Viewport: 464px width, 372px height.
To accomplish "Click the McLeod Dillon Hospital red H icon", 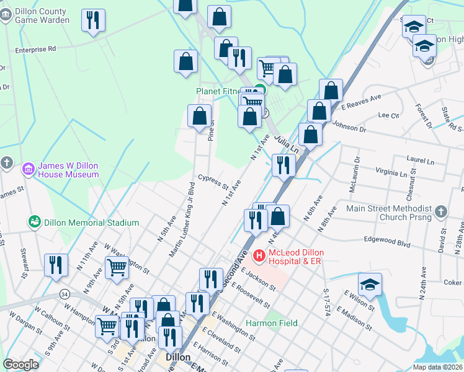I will point(259,255).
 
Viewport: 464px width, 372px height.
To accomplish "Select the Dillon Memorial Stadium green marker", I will point(35,221).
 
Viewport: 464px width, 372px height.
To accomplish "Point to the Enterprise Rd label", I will point(35,48).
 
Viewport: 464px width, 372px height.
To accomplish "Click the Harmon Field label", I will point(271,323).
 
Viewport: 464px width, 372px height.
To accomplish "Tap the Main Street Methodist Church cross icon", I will point(441,212).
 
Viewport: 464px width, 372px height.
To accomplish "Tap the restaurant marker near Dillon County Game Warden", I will point(93,20).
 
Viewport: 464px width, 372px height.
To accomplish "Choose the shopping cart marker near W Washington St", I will point(117,267).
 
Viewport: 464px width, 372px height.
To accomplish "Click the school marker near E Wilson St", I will point(370,284).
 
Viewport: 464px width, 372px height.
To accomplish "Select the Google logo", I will point(20,365).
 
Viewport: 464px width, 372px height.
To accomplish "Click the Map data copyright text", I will point(437,367).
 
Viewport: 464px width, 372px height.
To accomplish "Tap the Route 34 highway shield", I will point(64,293).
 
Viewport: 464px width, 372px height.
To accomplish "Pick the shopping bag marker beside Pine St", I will point(199,116).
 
